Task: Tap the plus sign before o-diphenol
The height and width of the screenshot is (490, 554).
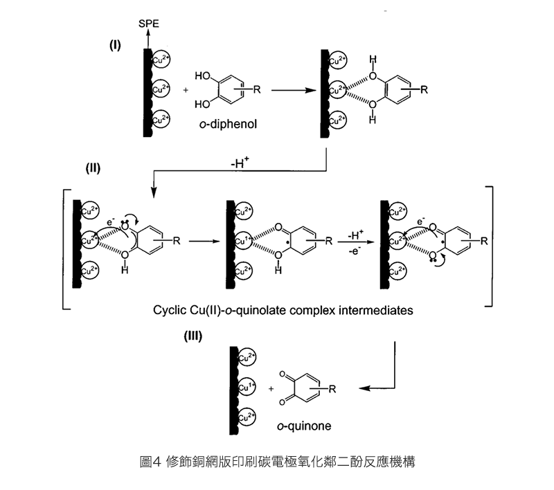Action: (185, 90)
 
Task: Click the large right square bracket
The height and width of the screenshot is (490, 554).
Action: (489, 246)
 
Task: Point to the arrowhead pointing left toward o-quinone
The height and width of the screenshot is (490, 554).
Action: (364, 390)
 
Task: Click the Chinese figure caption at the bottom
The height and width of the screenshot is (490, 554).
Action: (277, 461)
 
